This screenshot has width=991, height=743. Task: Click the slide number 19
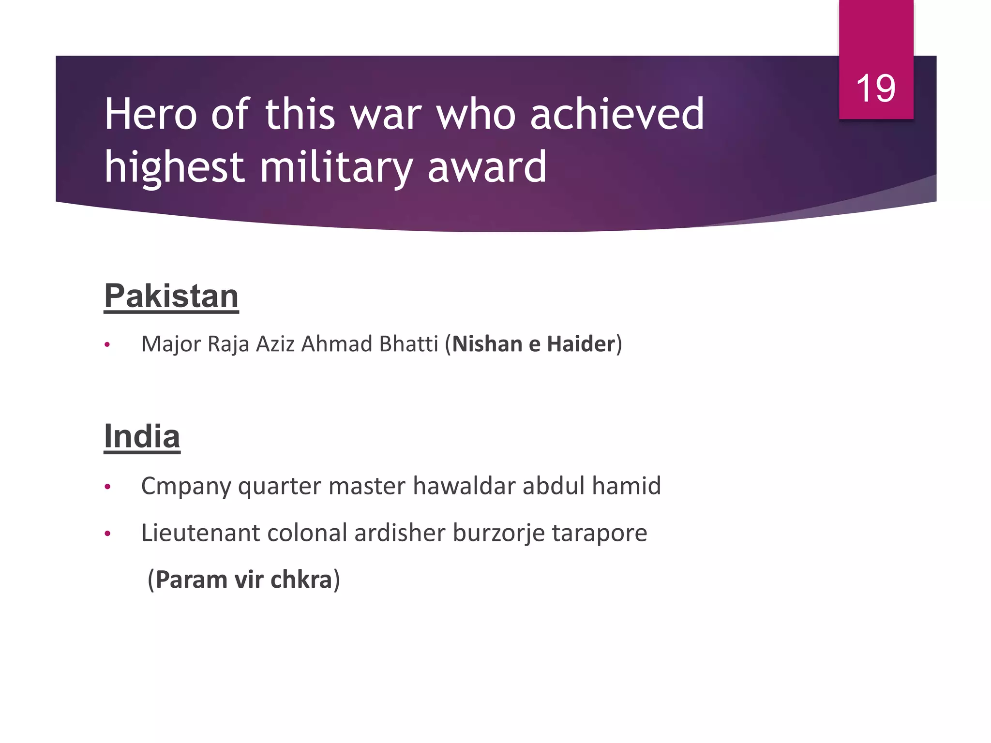(x=875, y=89)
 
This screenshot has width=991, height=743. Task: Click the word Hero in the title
(x=150, y=115)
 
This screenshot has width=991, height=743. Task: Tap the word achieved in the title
(x=617, y=115)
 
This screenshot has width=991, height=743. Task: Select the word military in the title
(x=336, y=168)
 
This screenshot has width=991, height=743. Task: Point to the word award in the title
(x=487, y=168)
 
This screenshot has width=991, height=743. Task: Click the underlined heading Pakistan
(x=171, y=296)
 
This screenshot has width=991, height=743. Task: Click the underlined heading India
(x=142, y=436)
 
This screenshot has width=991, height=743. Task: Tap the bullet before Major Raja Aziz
(x=107, y=345)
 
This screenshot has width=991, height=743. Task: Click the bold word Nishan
(x=487, y=344)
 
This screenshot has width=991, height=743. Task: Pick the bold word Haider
(x=581, y=344)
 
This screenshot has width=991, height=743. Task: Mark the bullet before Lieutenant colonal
(x=107, y=534)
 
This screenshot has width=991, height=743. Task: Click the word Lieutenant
(x=200, y=533)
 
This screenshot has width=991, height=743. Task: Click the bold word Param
(x=191, y=580)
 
